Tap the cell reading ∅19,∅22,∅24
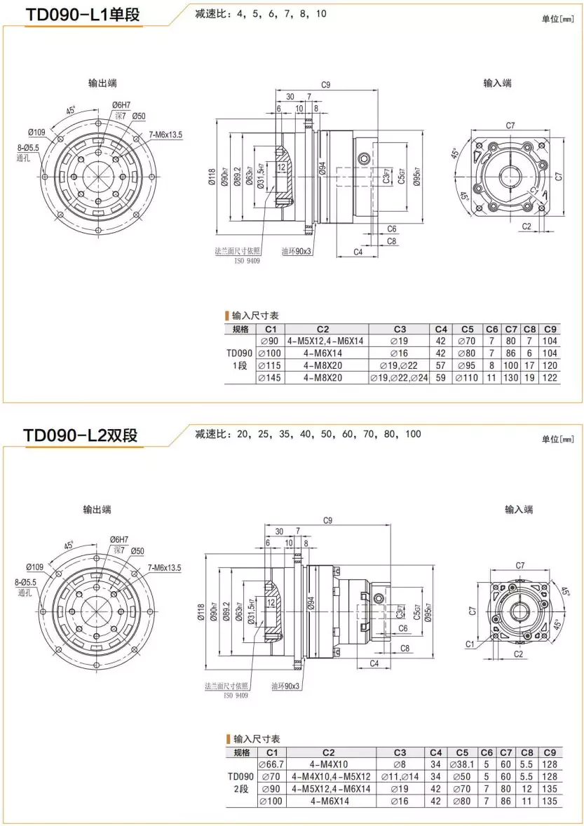(x=399, y=378)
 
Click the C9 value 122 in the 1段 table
(x=550, y=378)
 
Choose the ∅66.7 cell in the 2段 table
(x=271, y=764)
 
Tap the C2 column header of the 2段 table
(x=323, y=752)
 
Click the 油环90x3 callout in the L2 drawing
(x=286, y=686)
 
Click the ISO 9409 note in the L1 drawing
(x=246, y=260)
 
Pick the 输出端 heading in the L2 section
(x=97, y=510)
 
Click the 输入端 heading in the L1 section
(x=497, y=83)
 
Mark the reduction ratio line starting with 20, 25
(x=308, y=434)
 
